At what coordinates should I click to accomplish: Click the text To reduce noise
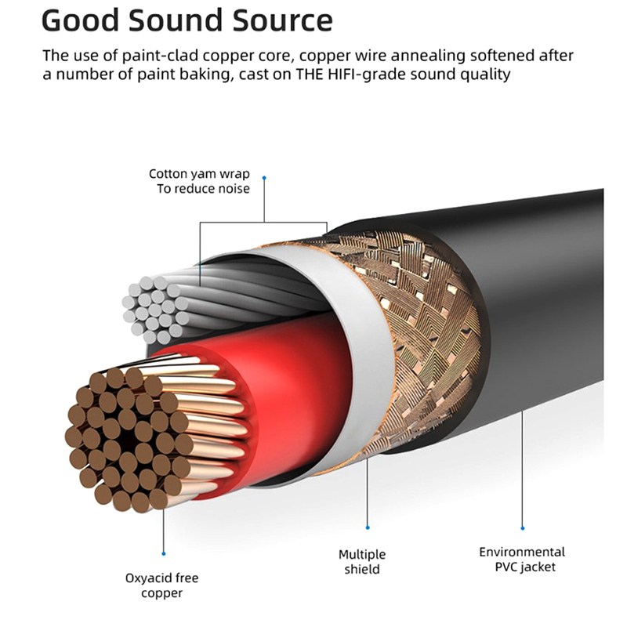coord(203,189)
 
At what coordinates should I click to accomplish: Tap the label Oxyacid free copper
coord(161,585)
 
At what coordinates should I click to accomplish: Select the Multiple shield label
coord(362,561)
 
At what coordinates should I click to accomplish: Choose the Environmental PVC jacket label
coord(522,559)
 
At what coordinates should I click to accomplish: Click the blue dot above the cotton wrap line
coord(264,178)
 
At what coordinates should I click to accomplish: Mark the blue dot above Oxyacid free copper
coord(163,554)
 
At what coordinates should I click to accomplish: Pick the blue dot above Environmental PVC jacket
coord(523,527)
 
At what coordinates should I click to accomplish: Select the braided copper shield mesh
coord(423,329)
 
